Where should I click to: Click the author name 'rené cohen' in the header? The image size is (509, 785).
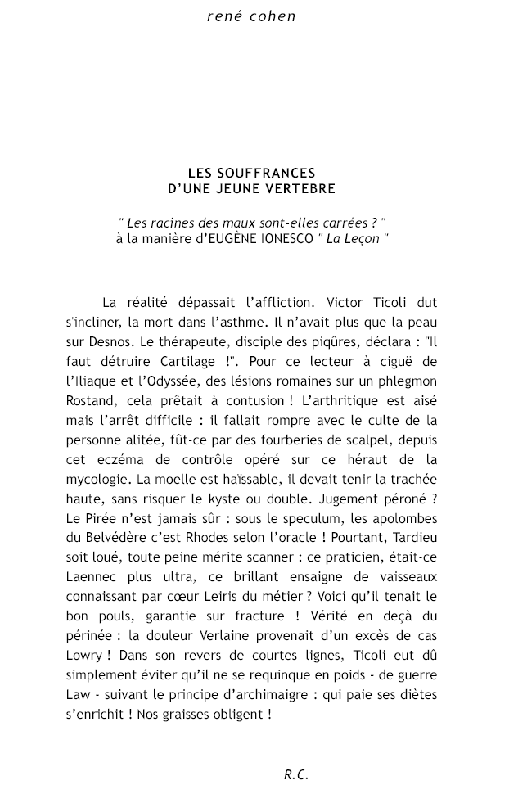[x=251, y=16]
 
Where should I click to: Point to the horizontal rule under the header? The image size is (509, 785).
[x=251, y=29]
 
